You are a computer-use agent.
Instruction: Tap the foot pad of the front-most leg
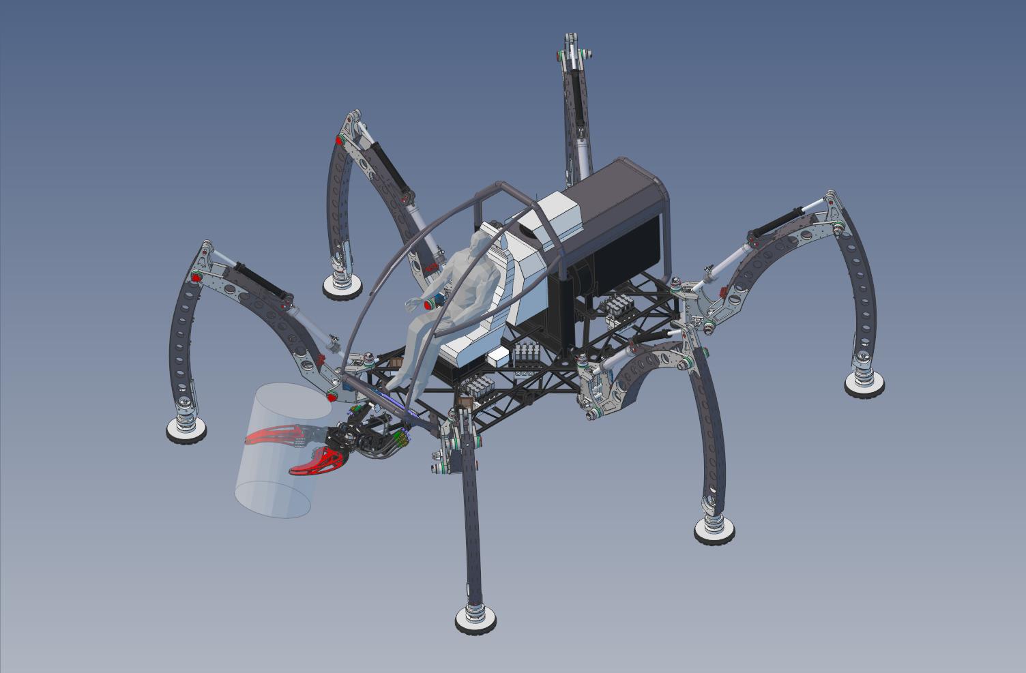tap(475, 619)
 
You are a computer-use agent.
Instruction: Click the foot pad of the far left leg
tap(187, 428)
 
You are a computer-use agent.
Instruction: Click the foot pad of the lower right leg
tap(714, 528)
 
